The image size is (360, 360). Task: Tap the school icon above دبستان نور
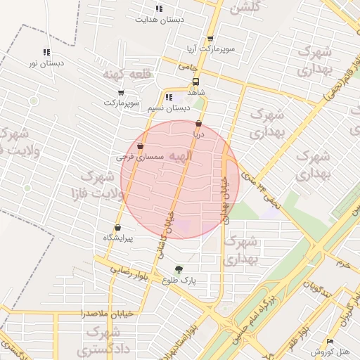(46, 52)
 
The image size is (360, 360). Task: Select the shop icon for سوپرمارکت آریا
(210, 39)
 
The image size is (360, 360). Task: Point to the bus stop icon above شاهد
(195, 81)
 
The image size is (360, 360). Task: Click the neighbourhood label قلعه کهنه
(123, 74)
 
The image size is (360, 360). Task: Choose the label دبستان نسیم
(169, 108)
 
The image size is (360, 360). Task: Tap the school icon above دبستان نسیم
(169, 98)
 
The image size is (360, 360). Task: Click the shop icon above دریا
(199, 123)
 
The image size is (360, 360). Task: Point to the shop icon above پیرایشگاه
(117, 227)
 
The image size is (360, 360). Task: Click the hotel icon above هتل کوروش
(330, 342)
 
